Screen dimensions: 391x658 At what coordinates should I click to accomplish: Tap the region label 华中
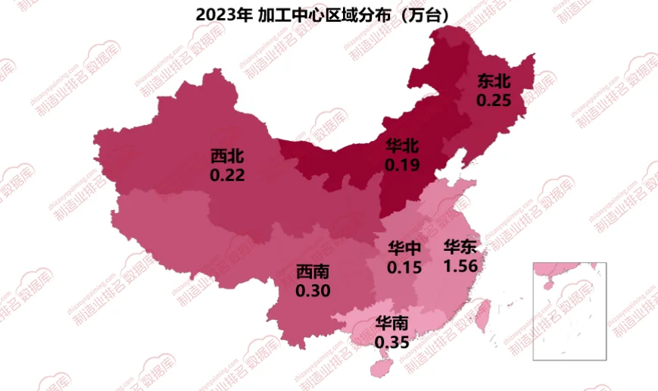pyautogui.click(x=404, y=249)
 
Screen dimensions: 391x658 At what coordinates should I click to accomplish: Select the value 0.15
pyautogui.click(x=404, y=267)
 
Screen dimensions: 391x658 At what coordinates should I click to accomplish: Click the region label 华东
pyautogui.click(x=460, y=247)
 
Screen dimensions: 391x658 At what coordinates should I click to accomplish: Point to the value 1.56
pyautogui.click(x=460, y=265)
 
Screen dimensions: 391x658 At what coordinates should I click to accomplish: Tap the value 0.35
pyautogui.click(x=392, y=343)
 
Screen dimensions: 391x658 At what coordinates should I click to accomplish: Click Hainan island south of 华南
pyautogui.click(x=379, y=365)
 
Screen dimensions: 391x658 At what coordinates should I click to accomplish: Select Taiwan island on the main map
pyautogui.click(x=486, y=312)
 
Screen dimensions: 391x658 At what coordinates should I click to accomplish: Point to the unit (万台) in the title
pyautogui.click(x=415, y=14)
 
